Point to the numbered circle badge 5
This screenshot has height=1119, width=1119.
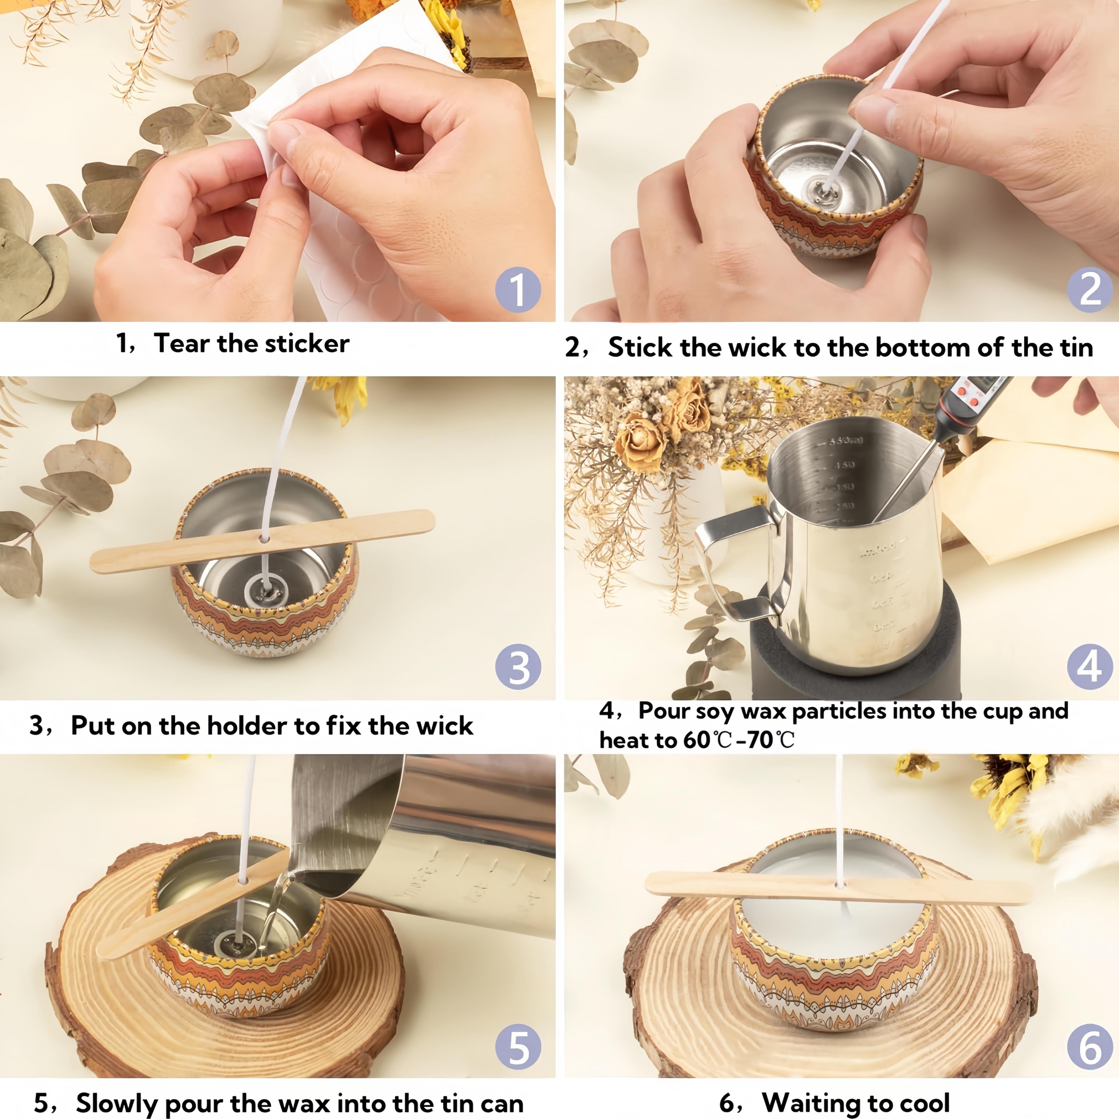pyautogui.click(x=518, y=1047)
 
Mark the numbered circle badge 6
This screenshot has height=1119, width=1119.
pyautogui.click(x=1089, y=1047)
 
